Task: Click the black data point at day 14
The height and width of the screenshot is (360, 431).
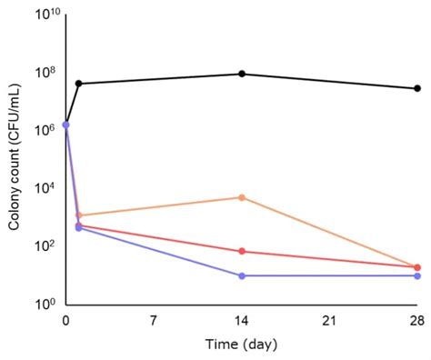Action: click(x=242, y=74)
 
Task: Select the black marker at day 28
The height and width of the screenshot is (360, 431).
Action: click(x=417, y=88)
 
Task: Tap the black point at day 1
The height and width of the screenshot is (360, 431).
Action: click(x=79, y=84)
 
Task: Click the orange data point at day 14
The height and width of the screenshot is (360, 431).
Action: click(x=242, y=197)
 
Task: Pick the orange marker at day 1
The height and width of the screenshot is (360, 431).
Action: click(x=79, y=215)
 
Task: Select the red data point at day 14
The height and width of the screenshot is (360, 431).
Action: click(x=242, y=251)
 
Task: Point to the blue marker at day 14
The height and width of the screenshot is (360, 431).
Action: click(x=242, y=275)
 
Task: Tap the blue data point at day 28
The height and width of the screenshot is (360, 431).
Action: click(x=417, y=275)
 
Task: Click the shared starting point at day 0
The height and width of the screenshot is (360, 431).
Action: click(x=66, y=125)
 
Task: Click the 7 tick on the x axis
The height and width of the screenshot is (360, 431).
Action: click(x=154, y=322)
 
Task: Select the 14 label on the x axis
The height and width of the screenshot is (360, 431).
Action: click(x=242, y=322)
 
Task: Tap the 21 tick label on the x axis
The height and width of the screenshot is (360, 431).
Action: click(x=329, y=322)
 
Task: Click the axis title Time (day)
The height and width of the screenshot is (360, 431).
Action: click(x=240, y=345)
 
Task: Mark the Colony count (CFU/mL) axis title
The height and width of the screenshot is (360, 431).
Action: click(x=15, y=160)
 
